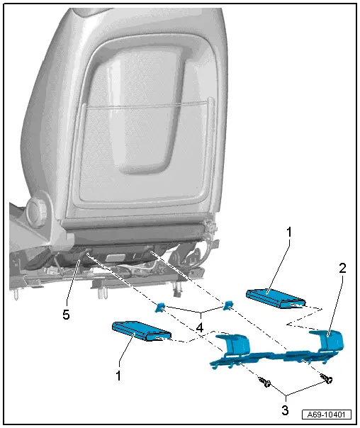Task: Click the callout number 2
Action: pyautogui.click(x=342, y=269)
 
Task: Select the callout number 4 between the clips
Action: pyautogui.click(x=201, y=328)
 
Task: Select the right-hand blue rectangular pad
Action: pyautogui.click(x=275, y=298)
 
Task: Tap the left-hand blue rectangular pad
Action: pyautogui.click(x=142, y=330)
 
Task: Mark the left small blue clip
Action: pyautogui.click(x=161, y=307)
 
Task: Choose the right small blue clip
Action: pyautogui.click(x=227, y=305)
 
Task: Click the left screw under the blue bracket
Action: pyautogui.click(x=266, y=383)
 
